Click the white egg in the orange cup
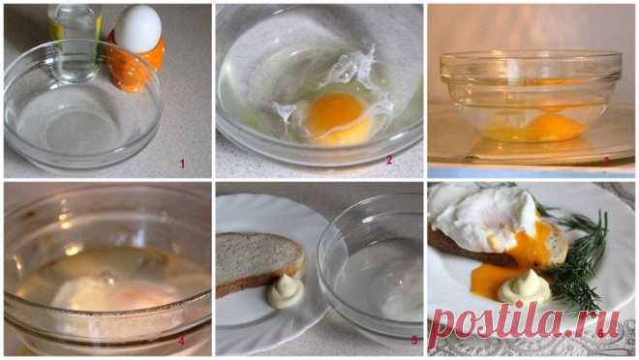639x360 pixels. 138,28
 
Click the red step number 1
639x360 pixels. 182,164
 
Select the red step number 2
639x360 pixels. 389,160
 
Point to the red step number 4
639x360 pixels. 181,342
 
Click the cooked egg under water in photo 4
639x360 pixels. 115,294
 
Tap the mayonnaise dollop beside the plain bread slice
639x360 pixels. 286,290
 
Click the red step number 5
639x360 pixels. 414,340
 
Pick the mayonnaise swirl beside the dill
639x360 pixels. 525,286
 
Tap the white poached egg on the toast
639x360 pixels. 485,217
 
